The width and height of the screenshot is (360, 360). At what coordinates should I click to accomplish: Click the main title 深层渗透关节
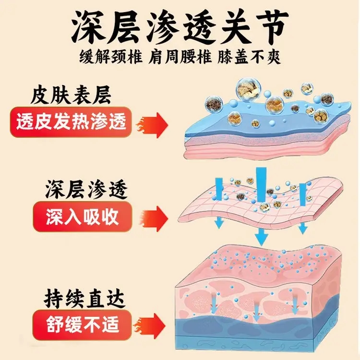[180, 26]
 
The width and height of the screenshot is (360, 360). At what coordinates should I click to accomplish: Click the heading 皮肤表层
[71, 95]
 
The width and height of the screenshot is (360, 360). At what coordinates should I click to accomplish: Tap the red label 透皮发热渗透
[71, 122]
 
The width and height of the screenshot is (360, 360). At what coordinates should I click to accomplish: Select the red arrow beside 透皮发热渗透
[152, 125]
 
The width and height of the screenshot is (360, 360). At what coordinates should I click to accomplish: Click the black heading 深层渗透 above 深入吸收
[86, 189]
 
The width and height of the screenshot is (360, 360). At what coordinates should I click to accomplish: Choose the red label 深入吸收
[83, 217]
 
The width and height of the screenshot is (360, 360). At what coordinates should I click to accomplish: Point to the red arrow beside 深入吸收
[155, 218]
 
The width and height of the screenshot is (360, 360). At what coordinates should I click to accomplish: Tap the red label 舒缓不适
[82, 324]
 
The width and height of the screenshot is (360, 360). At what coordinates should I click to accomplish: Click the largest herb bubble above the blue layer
[249, 90]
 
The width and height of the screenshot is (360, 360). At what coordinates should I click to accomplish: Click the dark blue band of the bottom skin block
[257, 323]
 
